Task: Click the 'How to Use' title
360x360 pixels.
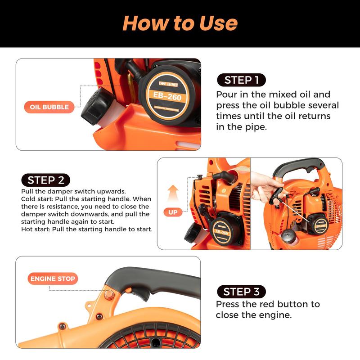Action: pos(180,23)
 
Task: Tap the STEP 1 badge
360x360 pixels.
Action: pos(241,80)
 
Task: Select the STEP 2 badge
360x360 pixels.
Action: pos(46,180)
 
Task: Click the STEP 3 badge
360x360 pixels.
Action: pos(241,292)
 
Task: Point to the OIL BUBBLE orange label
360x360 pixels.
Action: pos(49,107)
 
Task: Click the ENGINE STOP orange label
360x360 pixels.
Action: pos(53,279)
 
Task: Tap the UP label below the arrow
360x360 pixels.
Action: pos(173,212)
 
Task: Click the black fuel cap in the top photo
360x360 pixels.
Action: pos(94,106)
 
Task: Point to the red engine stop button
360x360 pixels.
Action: pos(108,293)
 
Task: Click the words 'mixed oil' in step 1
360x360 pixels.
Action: pos(310,94)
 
